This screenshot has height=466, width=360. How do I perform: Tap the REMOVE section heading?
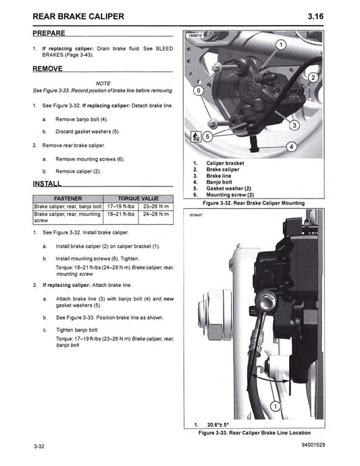47,69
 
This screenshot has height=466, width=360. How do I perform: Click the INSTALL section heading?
47,184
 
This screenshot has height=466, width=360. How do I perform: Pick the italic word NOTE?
103,82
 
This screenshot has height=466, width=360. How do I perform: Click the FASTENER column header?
68,199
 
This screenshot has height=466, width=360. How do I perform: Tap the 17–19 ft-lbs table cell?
121,206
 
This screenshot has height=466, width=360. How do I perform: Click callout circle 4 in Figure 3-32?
291,146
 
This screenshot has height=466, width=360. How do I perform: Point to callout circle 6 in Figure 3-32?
198,90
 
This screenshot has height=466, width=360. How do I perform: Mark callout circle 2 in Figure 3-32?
313,79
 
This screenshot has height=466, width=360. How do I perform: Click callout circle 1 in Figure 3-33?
276,407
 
